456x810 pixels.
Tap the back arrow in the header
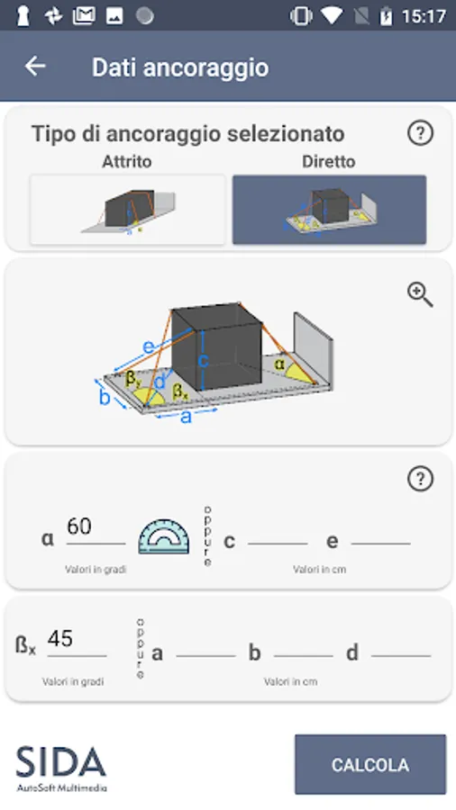(35, 66)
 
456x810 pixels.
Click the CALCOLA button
(370, 764)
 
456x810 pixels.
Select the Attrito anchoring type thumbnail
(127, 210)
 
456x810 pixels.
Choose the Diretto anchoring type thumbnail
(329, 210)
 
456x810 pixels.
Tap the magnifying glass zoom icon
(420, 294)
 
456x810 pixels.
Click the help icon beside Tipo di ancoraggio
(420, 133)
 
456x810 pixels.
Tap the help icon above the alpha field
(420, 479)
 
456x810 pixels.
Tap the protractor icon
(163, 536)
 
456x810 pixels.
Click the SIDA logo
(61, 768)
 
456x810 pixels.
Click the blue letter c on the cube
(203, 361)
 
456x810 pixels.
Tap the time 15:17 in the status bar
(424, 16)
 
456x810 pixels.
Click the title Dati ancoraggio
(180, 67)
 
